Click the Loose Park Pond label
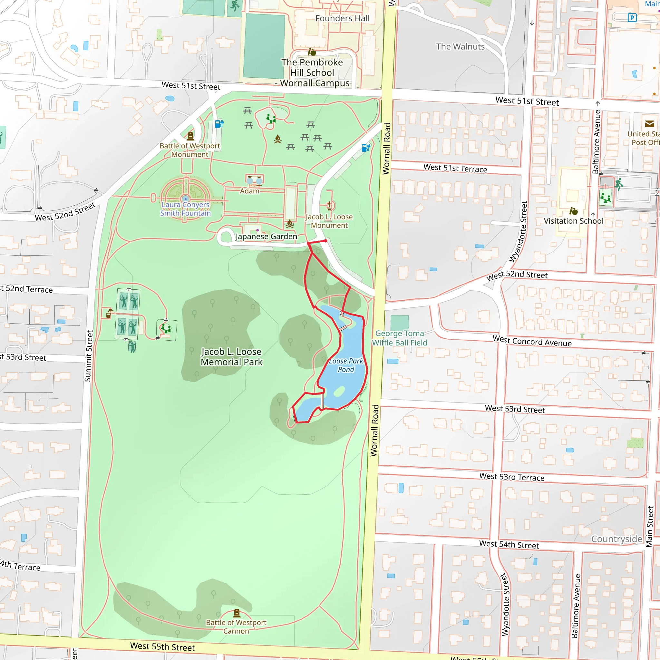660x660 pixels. pos(346,365)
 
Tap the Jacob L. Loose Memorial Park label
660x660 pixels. pos(232,357)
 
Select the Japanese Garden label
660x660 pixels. pos(266,237)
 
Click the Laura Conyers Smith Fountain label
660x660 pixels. pos(186,209)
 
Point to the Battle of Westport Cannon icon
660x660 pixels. pos(237,613)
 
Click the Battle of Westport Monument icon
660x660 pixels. pos(190,136)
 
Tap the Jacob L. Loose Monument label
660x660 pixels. pos(329,221)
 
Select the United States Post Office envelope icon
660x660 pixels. pos(649,124)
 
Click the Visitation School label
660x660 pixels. pos(573,221)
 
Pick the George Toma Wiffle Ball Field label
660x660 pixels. pos(399,338)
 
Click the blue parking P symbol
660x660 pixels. pos(632,17)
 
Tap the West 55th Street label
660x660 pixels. pos(162,647)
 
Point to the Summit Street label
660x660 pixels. pos(88,356)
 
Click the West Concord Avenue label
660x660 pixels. pos(532,341)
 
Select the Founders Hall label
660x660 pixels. pos(342,18)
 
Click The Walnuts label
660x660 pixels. pos(460,46)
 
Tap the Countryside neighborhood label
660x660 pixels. pos(616,539)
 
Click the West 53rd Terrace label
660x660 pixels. pos(512,477)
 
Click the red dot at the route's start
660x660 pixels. pos(325,241)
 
